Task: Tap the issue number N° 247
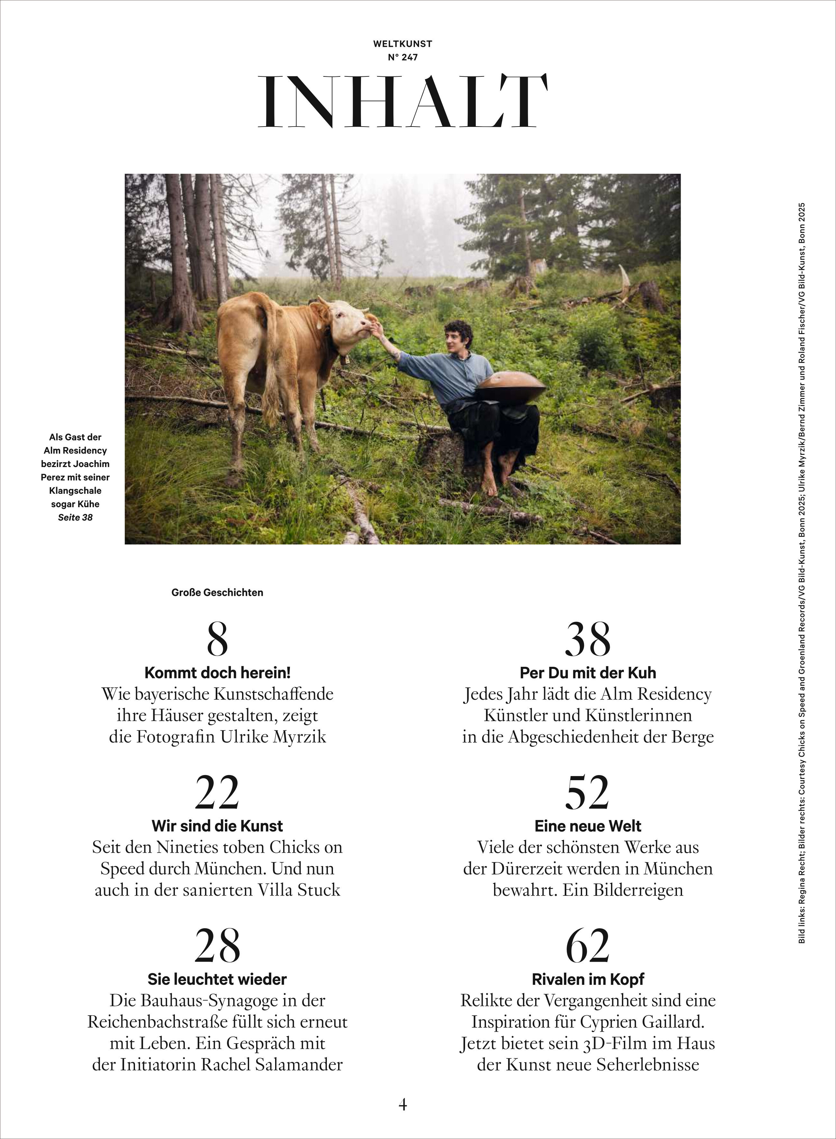[403, 58]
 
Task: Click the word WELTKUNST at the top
[403, 44]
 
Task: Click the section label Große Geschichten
[217, 592]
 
